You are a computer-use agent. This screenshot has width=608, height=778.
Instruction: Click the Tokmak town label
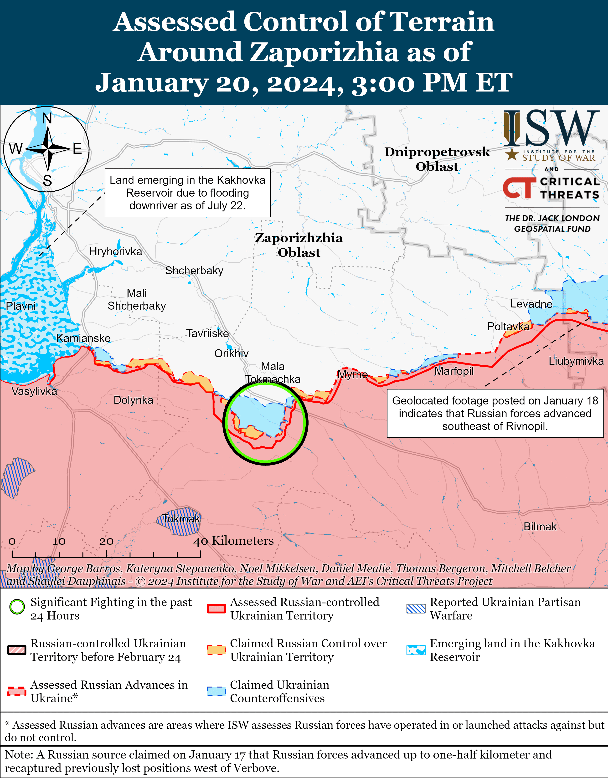click(181, 519)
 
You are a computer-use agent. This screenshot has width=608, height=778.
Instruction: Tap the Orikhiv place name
click(231, 353)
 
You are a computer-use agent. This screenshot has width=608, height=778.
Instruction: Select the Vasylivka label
click(34, 391)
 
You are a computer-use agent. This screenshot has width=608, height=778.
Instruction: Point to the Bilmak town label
click(540, 527)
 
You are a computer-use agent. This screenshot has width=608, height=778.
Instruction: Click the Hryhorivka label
click(115, 251)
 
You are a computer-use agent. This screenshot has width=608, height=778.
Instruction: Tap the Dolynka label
click(133, 400)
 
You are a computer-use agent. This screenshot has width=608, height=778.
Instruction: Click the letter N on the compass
click(47, 118)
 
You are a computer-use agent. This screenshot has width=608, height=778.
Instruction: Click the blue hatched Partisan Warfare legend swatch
click(416, 609)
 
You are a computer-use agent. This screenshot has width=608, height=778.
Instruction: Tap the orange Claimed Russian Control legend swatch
click(216, 650)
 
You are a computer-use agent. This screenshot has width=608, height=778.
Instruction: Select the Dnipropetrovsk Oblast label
click(437, 159)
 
